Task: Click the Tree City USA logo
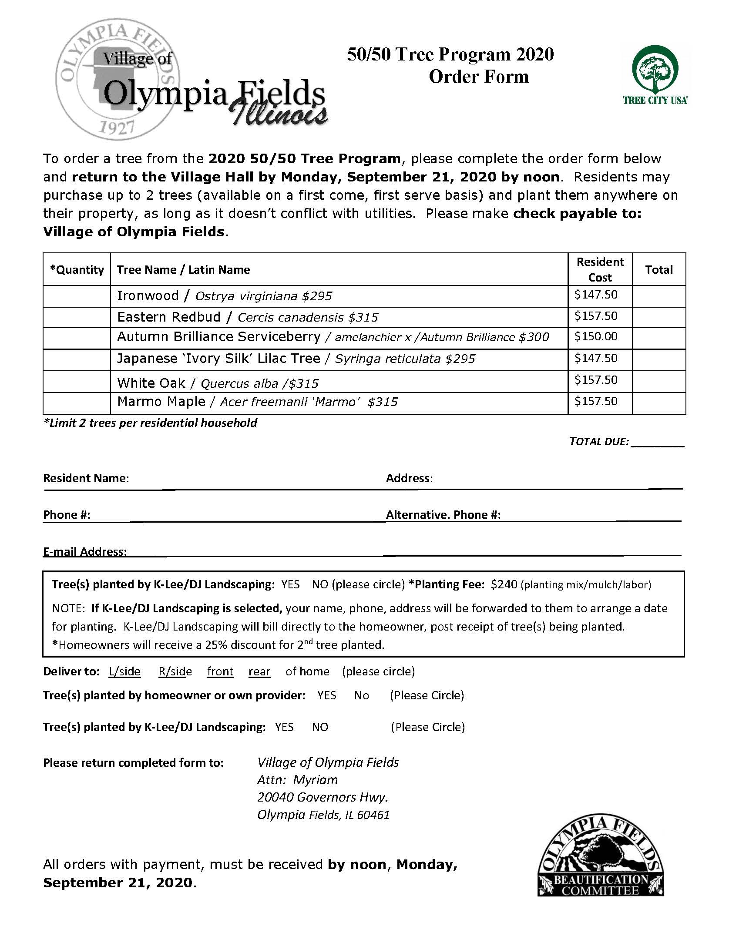tap(655, 75)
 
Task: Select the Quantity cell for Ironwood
tap(77, 296)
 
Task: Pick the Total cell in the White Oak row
tap(658, 382)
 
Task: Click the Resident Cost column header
tap(600, 269)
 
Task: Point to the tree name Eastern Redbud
tap(169, 317)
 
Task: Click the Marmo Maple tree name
tap(161, 401)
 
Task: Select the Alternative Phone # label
tap(443, 515)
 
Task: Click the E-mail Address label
tap(85, 552)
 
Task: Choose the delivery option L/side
tap(124, 671)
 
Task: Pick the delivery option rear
tap(259, 671)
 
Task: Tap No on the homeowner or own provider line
tap(361, 695)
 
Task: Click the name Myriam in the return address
tap(315, 780)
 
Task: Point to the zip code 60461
tap(373, 815)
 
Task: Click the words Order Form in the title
tap(478, 77)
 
